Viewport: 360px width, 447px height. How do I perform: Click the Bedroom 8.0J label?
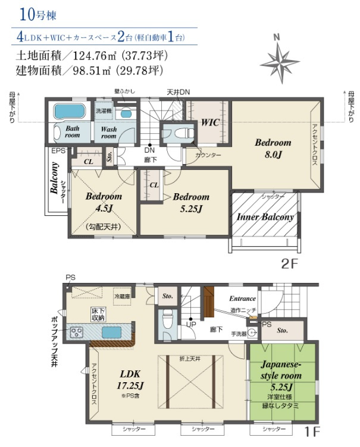coord(273,147)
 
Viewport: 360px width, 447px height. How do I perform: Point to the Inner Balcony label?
coord(265,217)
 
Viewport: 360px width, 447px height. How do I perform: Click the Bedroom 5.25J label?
coord(191,202)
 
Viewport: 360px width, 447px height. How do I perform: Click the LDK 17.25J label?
coord(129,379)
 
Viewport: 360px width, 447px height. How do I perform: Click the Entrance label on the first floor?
coord(242,298)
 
